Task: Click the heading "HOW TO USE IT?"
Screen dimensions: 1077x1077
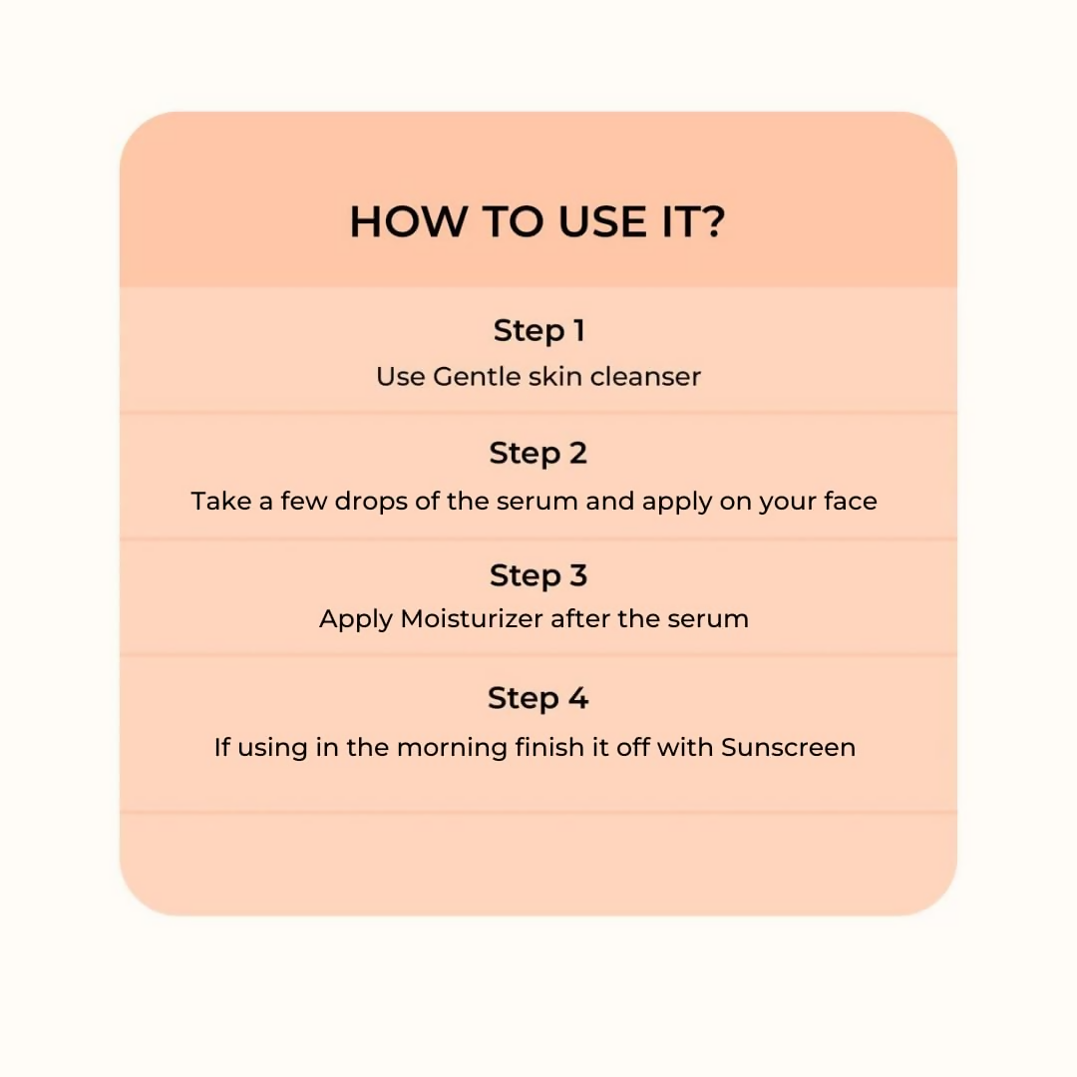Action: click(x=538, y=221)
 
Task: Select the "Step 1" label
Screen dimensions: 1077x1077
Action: click(x=539, y=331)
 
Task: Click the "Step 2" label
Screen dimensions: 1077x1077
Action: click(x=538, y=454)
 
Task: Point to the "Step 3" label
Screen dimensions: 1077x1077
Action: click(x=538, y=575)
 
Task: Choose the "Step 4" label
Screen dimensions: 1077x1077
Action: click(x=538, y=698)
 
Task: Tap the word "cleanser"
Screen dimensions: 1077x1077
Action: click(x=645, y=376)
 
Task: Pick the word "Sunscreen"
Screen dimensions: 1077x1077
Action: click(x=789, y=747)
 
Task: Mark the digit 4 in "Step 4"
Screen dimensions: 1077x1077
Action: click(x=578, y=698)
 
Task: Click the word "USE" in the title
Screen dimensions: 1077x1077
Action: click(x=602, y=221)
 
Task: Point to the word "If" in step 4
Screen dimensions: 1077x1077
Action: click(x=221, y=747)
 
